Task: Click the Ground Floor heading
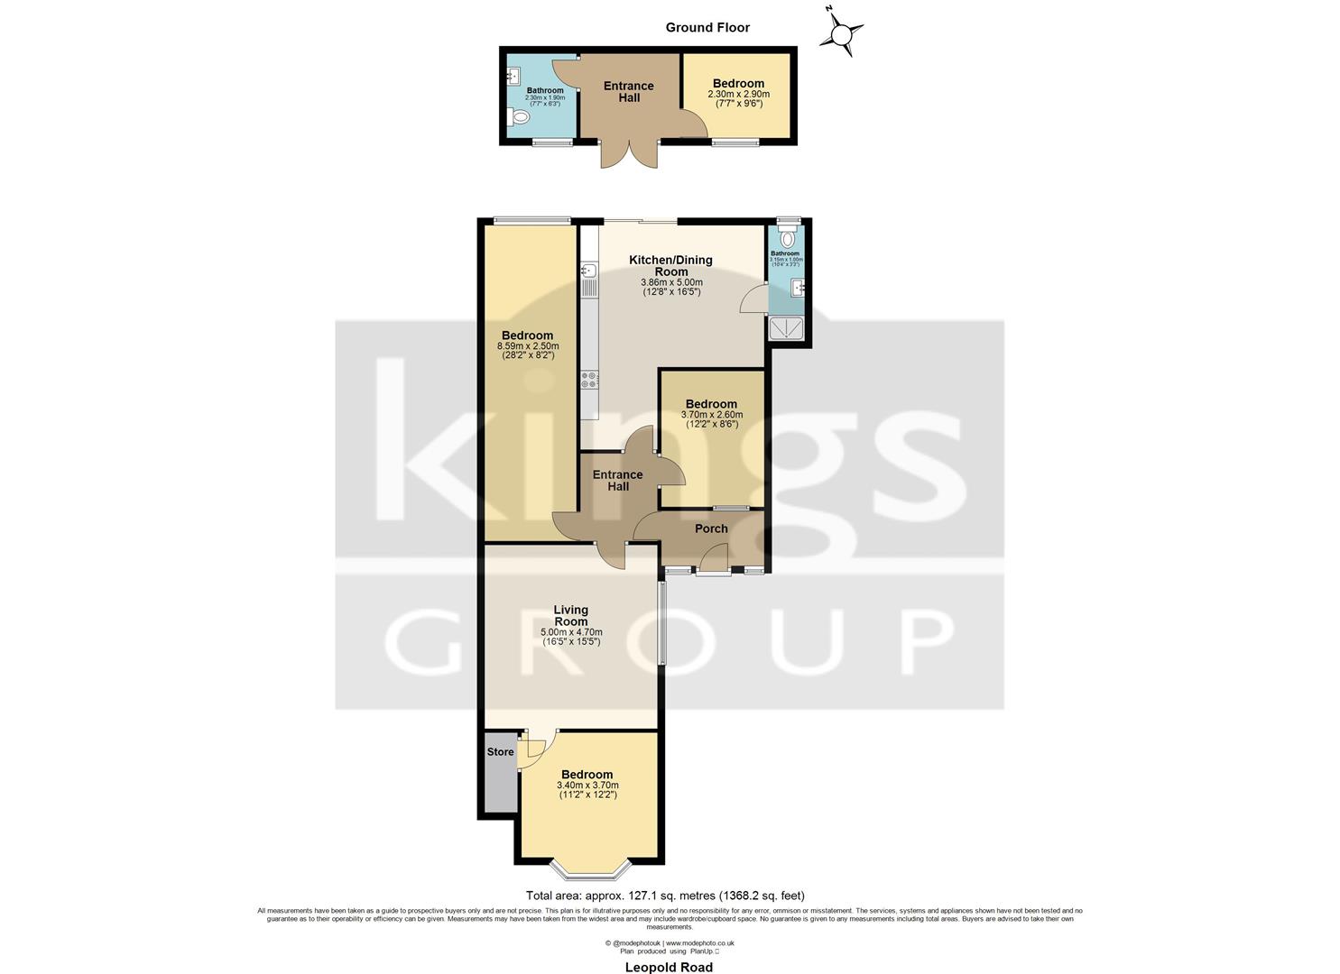[707, 27]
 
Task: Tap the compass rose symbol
[841, 34]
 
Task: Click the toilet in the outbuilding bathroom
[519, 118]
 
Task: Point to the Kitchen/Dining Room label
[670, 265]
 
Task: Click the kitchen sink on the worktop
[588, 270]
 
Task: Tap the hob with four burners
[589, 380]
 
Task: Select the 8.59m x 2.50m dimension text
[528, 345]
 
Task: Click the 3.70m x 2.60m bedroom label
[711, 409]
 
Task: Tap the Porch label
[711, 528]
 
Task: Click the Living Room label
[570, 615]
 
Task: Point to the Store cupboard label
[500, 751]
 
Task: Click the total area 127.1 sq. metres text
[665, 896]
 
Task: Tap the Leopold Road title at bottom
[669, 967]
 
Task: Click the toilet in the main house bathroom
[789, 238]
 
